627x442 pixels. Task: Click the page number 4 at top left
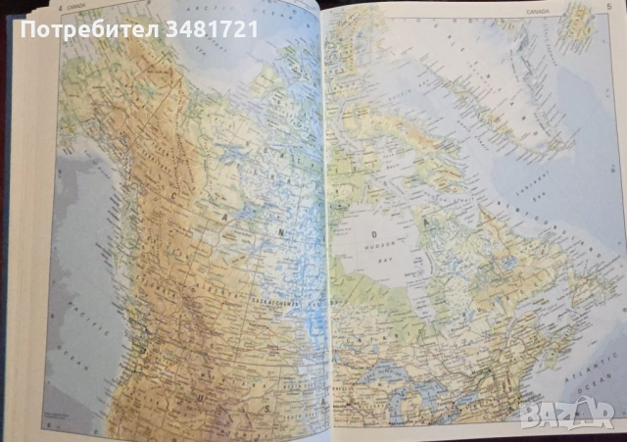click(61, 10)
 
